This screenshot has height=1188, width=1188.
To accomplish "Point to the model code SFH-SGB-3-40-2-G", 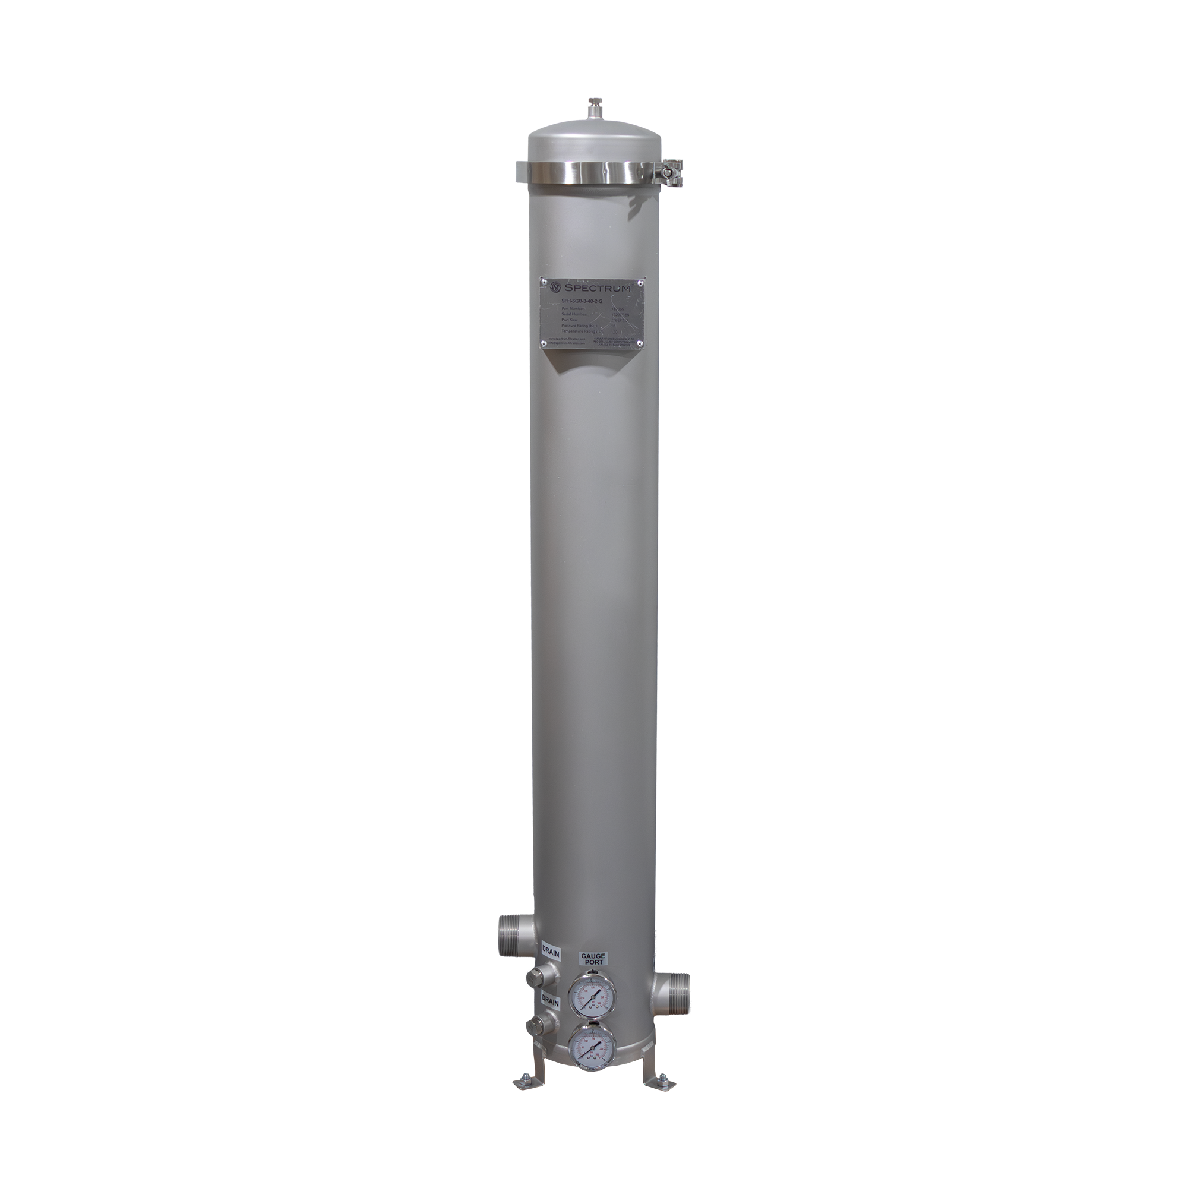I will click(582, 301).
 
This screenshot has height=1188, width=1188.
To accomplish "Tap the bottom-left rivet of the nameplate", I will click(544, 345).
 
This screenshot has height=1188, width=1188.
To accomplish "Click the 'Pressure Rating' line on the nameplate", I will click(580, 326).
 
